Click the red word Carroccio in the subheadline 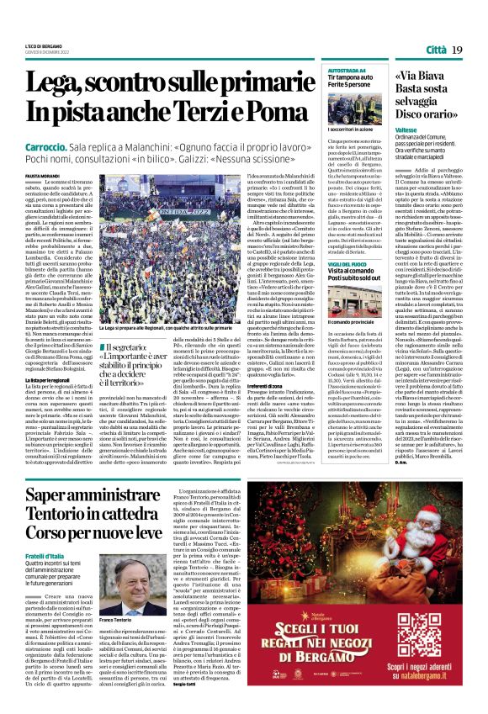point(49,146)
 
